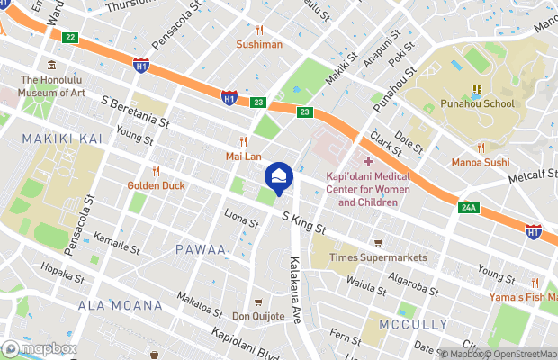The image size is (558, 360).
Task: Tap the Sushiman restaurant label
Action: click(259, 43)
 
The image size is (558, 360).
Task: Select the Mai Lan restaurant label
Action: click(243, 156)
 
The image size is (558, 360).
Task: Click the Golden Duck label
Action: click(156, 185)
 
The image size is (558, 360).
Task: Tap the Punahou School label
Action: click(476, 103)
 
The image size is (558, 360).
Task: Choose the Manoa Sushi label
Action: click(481, 163)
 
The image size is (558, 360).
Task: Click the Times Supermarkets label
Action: click(378, 257)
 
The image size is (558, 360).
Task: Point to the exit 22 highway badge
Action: click(69, 37)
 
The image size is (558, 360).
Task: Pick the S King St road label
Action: click(302, 222)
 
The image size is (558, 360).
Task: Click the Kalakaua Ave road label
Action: click(295, 286)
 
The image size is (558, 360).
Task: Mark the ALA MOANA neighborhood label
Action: click(120, 305)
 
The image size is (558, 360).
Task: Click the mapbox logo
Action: click(40, 348)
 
